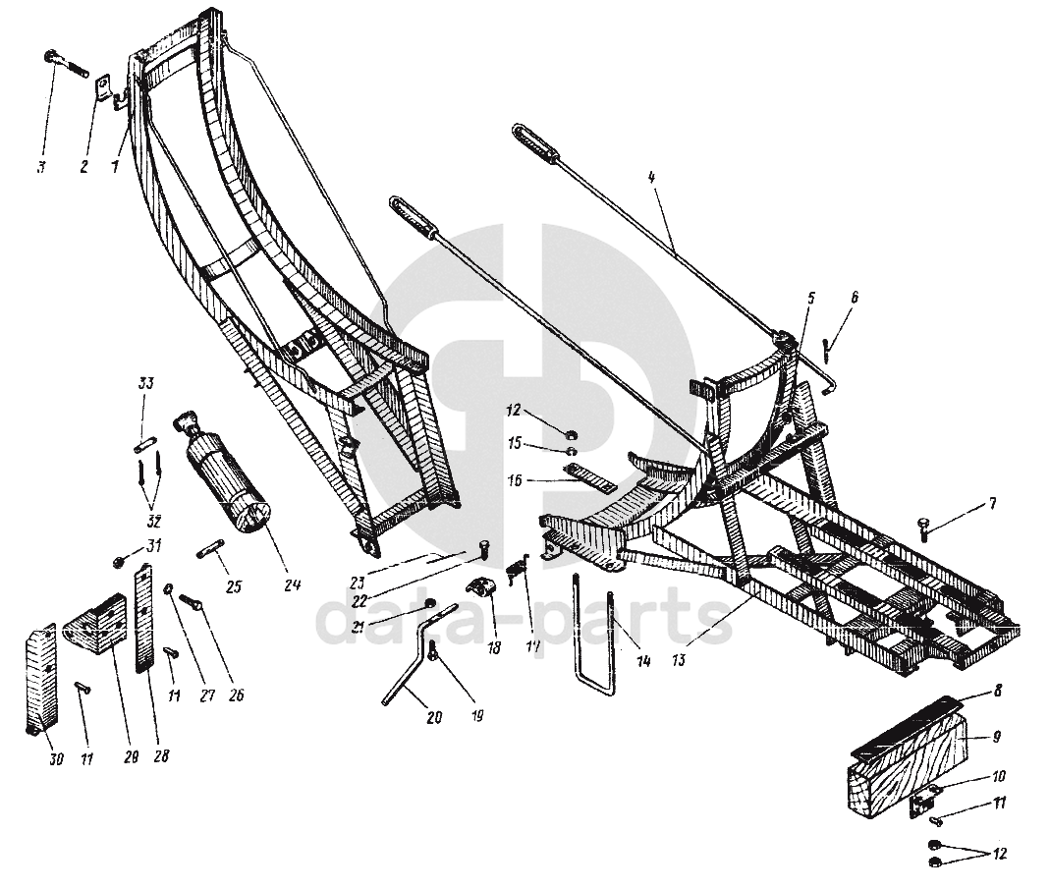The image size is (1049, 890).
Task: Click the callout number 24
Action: pos(292,586)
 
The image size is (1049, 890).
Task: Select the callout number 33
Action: pos(145,383)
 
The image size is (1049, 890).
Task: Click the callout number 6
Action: pos(854,296)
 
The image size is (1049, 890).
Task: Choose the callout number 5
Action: pos(811,298)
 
